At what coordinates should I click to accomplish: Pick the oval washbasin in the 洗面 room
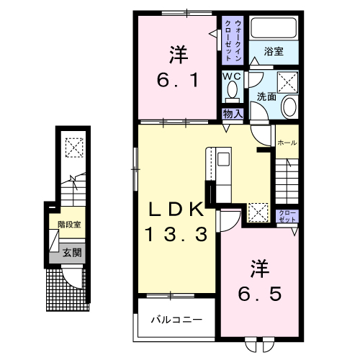pyautogui.click(x=289, y=107)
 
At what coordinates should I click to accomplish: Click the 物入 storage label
pyautogui.click(x=232, y=114)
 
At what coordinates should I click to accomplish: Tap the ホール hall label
pyautogui.click(x=287, y=142)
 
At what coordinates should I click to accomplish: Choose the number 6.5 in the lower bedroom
pyautogui.click(x=258, y=294)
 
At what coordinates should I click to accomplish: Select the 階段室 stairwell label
pyautogui.click(x=69, y=225)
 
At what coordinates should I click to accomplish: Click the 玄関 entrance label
pyautogui.click(x=71, y=253)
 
